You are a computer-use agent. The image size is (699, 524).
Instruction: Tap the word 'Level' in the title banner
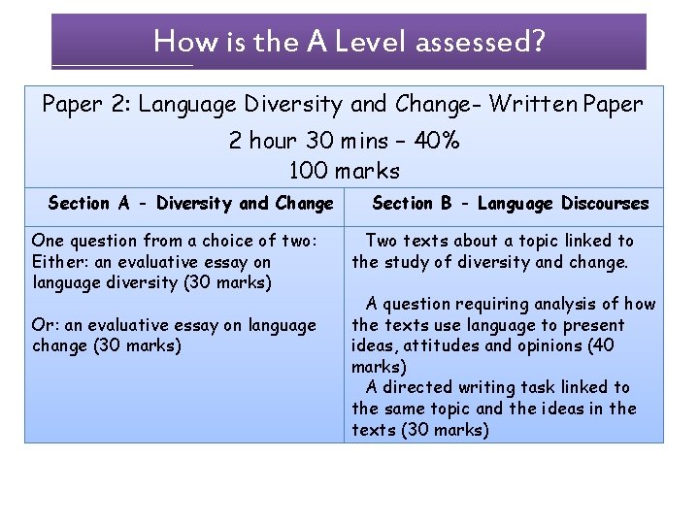point(374,42)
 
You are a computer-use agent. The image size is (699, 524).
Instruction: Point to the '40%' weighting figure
point(438,141)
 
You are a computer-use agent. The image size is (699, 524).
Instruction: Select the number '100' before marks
point(310,172)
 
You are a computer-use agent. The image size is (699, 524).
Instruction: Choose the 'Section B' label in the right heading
point(414,204)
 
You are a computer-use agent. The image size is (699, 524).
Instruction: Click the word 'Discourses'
point(602,204)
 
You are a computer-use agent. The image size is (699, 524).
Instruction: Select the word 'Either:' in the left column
point(58,262)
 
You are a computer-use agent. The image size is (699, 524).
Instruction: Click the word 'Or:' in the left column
point(46,325)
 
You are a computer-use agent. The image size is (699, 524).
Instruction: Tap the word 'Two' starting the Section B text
point(382,241)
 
